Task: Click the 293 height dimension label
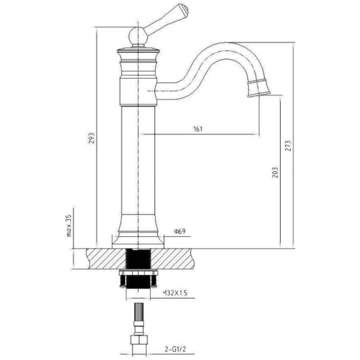point(92,137)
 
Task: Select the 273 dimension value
point(288,145)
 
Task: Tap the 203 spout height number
point(275,172)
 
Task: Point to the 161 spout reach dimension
point(198,129)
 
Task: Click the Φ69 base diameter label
point(180,231)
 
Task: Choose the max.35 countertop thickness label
point(69,225)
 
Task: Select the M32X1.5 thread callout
point(175,293)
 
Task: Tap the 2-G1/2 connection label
point(175,350)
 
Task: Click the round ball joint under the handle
point(137,36)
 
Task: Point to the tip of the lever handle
point(187,9)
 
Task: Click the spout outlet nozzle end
point(259,88)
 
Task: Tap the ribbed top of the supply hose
point(139,312)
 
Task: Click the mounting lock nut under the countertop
point(139,273)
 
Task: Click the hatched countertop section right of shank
point(173,259)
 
